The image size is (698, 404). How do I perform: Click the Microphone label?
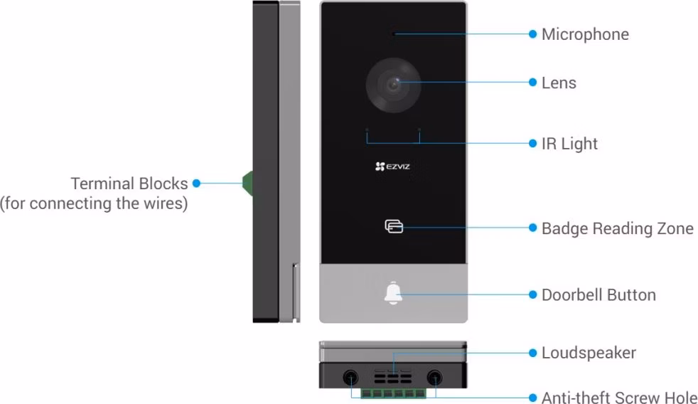(585, 34)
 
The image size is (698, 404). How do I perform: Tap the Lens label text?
(559, 83)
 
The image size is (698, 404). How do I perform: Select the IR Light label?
(569, 144)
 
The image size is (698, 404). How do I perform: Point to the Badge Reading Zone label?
(618, 228)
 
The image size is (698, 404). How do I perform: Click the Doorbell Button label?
(598, 295)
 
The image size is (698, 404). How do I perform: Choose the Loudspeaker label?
(589, 353)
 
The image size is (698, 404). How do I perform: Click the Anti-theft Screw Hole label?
(619, 397)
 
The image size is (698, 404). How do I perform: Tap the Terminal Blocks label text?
(129, 184)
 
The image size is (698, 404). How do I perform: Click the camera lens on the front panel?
(394, 85)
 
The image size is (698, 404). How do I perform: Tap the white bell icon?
(393, 293)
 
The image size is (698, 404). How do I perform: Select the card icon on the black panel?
(394, 226)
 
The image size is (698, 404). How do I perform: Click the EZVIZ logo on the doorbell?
(392, 166)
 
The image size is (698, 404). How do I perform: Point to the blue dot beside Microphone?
(532, 34)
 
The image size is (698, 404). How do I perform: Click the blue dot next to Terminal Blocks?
(196, 183)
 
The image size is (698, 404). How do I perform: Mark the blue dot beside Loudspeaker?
(532, 353)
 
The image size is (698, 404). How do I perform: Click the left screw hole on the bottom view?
(351, 378)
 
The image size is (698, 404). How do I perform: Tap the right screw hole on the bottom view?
(434, 378)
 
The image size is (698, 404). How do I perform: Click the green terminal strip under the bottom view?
(393, 393)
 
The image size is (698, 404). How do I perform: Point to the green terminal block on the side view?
(247, 183)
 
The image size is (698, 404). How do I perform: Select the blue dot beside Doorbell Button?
(532, 295)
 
